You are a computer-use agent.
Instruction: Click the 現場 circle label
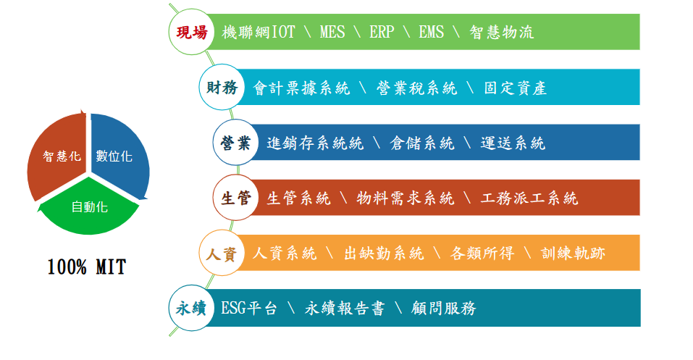coord(192,32)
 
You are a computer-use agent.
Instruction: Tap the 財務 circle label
coord(222,87)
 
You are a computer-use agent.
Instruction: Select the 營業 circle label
coord(235,143)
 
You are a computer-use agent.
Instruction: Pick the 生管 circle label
coord(235,198)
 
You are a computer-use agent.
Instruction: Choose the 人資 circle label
coord(222,253)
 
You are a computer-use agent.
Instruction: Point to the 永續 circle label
coord(192,308)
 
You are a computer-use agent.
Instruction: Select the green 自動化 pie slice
coord(89,207)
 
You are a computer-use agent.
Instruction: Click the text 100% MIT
coord(87,267)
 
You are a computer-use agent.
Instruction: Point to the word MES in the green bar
coord(332,33)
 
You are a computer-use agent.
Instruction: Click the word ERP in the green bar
coord(382,33)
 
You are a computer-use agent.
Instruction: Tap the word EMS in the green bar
coord(432,33)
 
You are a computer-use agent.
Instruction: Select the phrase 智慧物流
coord(502,33)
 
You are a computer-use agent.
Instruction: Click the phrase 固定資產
coord(516,88)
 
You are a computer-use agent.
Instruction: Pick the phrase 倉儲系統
coord(422,143)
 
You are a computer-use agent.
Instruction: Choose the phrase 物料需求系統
coord(406,198)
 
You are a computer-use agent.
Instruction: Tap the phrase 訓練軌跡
coord(573,254)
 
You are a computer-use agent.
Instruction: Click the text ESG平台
coord(249,309)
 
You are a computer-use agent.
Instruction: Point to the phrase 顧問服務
coord(443,309)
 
